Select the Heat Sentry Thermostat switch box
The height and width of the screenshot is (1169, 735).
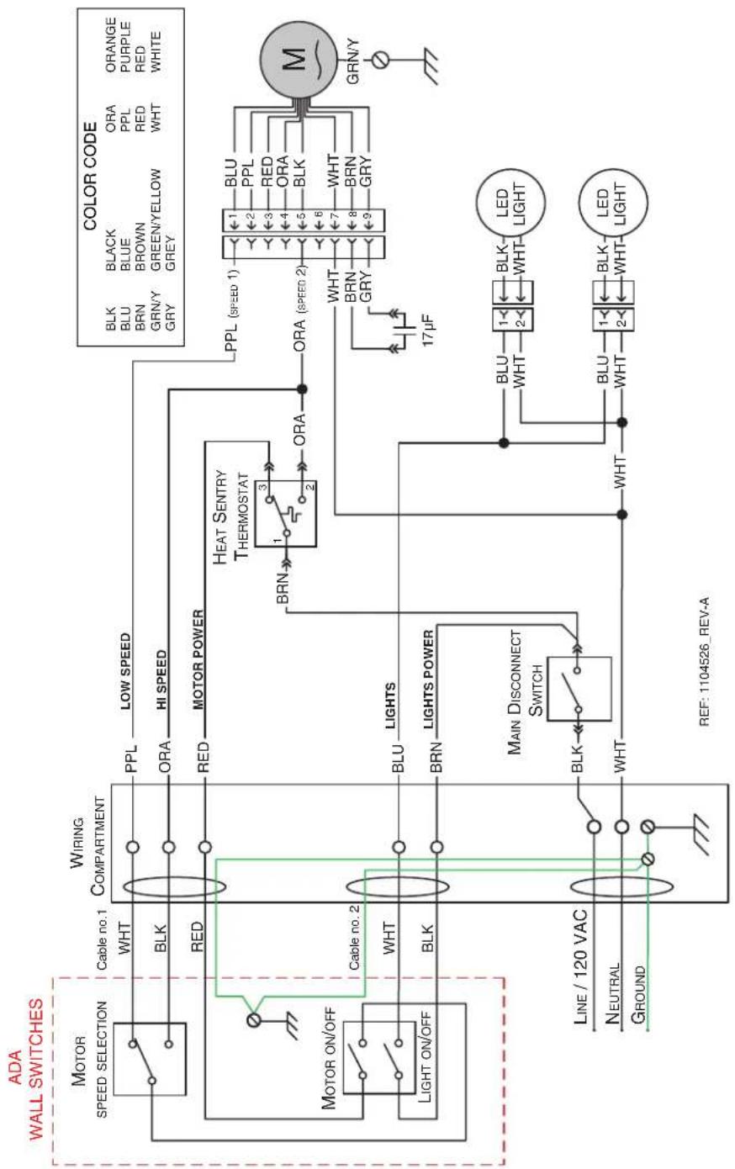(x=286, y=514)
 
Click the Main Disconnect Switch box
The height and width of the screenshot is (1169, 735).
(x=579, y=689)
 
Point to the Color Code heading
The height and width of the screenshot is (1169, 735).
(x=90, y=177)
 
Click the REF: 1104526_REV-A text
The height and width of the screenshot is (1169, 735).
(x=704, y=662)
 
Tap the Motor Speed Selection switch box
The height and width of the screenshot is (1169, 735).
(x=150, y=1059)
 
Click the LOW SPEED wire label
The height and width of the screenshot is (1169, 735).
(x=125, y=671)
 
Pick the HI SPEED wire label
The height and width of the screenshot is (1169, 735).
(x=161, y=680)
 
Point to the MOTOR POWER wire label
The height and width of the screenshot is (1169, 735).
(x=198, y=659)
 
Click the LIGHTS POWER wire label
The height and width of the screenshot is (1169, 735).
(x=429, y=680)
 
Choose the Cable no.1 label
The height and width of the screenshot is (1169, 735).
(x=102, y=939)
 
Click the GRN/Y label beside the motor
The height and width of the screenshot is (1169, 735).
(x=353, y=61)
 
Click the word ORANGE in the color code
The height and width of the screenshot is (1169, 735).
(x=111, y=45)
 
